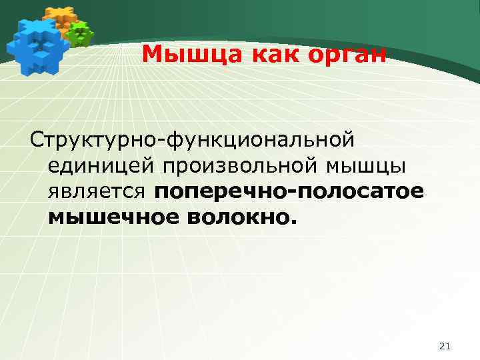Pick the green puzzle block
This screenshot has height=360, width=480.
point(81,33)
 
